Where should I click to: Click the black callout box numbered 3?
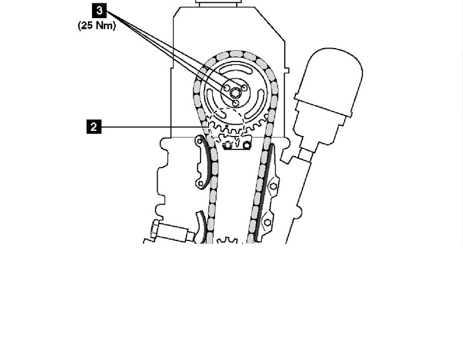tap(99, 11)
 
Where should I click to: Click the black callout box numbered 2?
tap(94, 127)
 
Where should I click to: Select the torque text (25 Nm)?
tap(97, 26)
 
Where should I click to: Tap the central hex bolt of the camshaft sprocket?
tap(236, 93)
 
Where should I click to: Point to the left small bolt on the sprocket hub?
tap(226, 88)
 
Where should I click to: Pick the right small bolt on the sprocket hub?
tap(244, 87)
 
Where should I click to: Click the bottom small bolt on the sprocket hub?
tap(236, 103)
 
